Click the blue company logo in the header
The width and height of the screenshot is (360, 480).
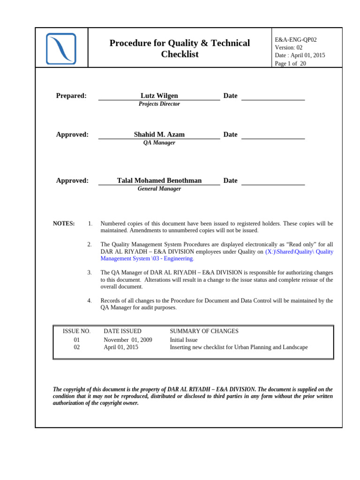61,49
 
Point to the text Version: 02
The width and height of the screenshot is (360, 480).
288,47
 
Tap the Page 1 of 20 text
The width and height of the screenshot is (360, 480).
290,64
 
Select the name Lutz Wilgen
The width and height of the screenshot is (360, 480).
159,96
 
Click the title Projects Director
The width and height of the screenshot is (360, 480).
159,104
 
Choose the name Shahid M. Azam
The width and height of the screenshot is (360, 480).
159,135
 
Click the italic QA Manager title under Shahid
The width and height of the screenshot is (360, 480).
159,142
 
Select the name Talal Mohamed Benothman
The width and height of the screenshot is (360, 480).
159,180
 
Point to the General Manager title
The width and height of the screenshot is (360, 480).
159,189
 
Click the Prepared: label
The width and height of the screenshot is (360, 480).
71,96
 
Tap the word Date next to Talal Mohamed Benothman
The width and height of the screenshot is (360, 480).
230,180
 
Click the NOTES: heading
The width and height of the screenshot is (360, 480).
64,224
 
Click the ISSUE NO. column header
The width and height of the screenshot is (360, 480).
76,331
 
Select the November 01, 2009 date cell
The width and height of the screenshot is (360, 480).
127,340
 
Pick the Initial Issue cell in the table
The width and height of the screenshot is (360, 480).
183,340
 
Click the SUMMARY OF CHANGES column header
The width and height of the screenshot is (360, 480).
204,331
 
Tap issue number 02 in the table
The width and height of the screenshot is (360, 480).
77,347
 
